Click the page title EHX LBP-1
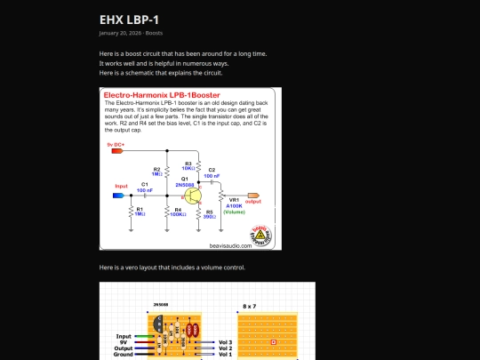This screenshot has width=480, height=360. tap(129, 19)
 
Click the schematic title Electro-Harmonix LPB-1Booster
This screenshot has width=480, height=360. tap(162, 94)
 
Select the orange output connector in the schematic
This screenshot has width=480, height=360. tap(253, 196)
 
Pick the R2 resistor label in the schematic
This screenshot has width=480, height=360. tap(156, 171)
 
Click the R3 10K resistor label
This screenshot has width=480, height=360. tap(188, 166)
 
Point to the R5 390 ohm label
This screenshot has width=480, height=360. tap(209, 213)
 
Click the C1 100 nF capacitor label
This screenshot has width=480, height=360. tap(144, 187)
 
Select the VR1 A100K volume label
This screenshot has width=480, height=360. tap(234, 205)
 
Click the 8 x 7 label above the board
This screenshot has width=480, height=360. tap(249, 305)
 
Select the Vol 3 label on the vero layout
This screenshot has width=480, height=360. tap(225, 341)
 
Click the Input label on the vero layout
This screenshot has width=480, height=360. tap(124, 336)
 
